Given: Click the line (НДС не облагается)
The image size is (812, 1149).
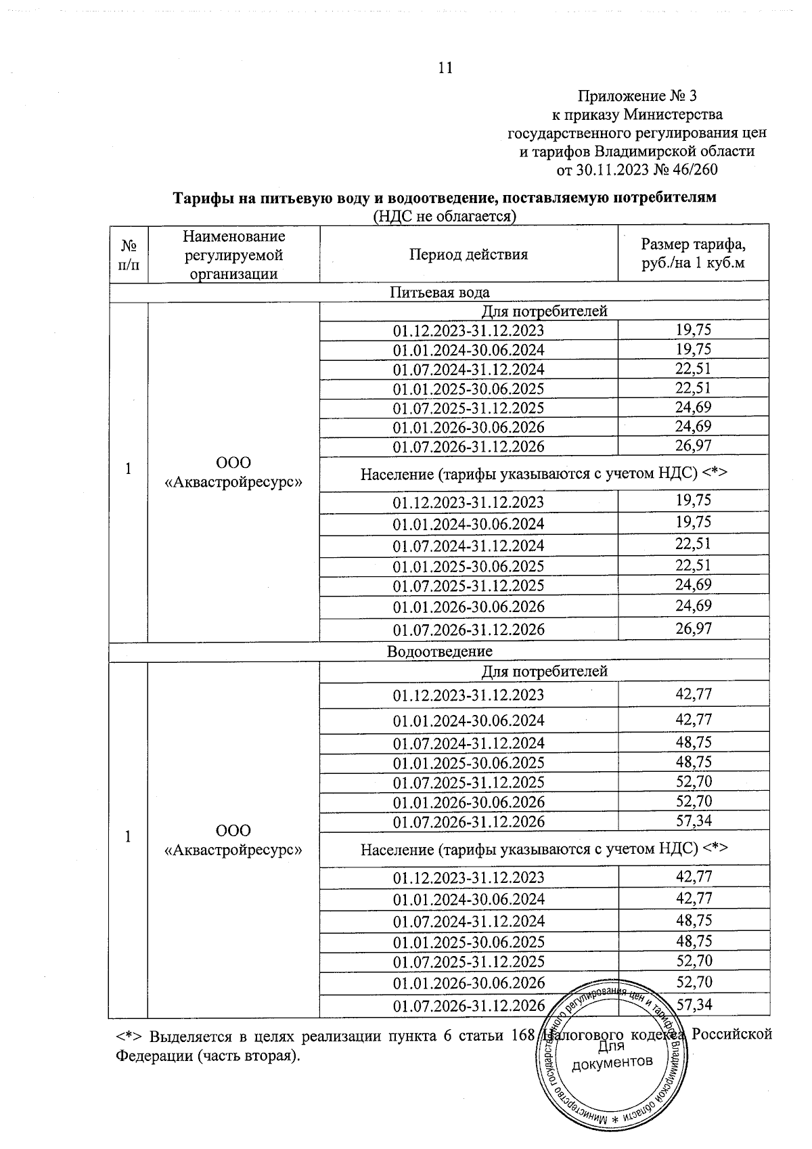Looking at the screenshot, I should tap(445, 216).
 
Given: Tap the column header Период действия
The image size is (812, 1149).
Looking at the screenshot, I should tap(468, 255).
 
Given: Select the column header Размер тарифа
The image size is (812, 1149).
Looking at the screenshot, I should tap(693, 244).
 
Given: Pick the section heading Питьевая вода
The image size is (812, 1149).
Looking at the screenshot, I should tap(439, 292).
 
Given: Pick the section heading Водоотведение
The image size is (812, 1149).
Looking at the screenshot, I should tap(439, 651).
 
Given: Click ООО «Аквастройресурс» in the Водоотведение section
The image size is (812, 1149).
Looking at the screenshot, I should tap(233, 840).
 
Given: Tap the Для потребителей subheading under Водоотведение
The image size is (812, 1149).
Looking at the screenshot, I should tap(544, 671).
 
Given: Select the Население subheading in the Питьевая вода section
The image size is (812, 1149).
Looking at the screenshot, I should tap(543, 473).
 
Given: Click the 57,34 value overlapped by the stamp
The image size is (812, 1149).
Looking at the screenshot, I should tap(694, 1004).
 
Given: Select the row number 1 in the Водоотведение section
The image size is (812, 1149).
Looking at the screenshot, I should tap(127, 836).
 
